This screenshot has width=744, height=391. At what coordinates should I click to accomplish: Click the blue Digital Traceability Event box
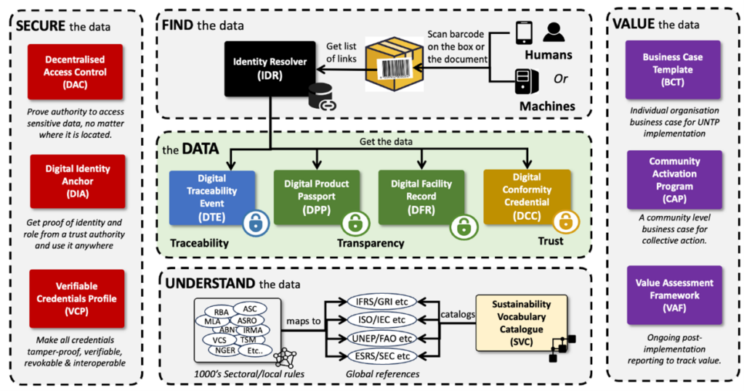211,196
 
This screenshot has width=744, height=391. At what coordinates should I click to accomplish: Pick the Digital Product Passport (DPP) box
317,196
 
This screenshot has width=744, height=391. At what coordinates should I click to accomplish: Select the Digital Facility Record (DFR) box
421,196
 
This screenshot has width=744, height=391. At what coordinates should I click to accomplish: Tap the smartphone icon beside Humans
524,34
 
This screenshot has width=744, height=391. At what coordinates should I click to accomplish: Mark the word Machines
547,107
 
